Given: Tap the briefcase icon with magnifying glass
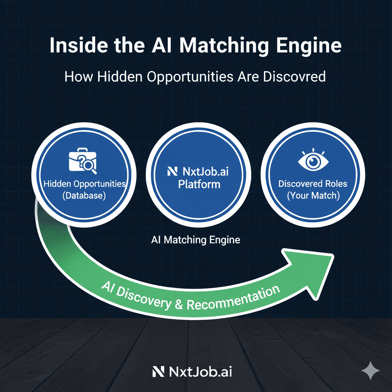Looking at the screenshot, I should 82,161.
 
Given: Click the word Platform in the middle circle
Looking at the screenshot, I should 199,184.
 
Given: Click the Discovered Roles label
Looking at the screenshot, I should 313,184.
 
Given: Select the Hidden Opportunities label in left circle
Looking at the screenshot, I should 84,184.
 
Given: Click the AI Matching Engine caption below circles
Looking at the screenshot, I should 196,240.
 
